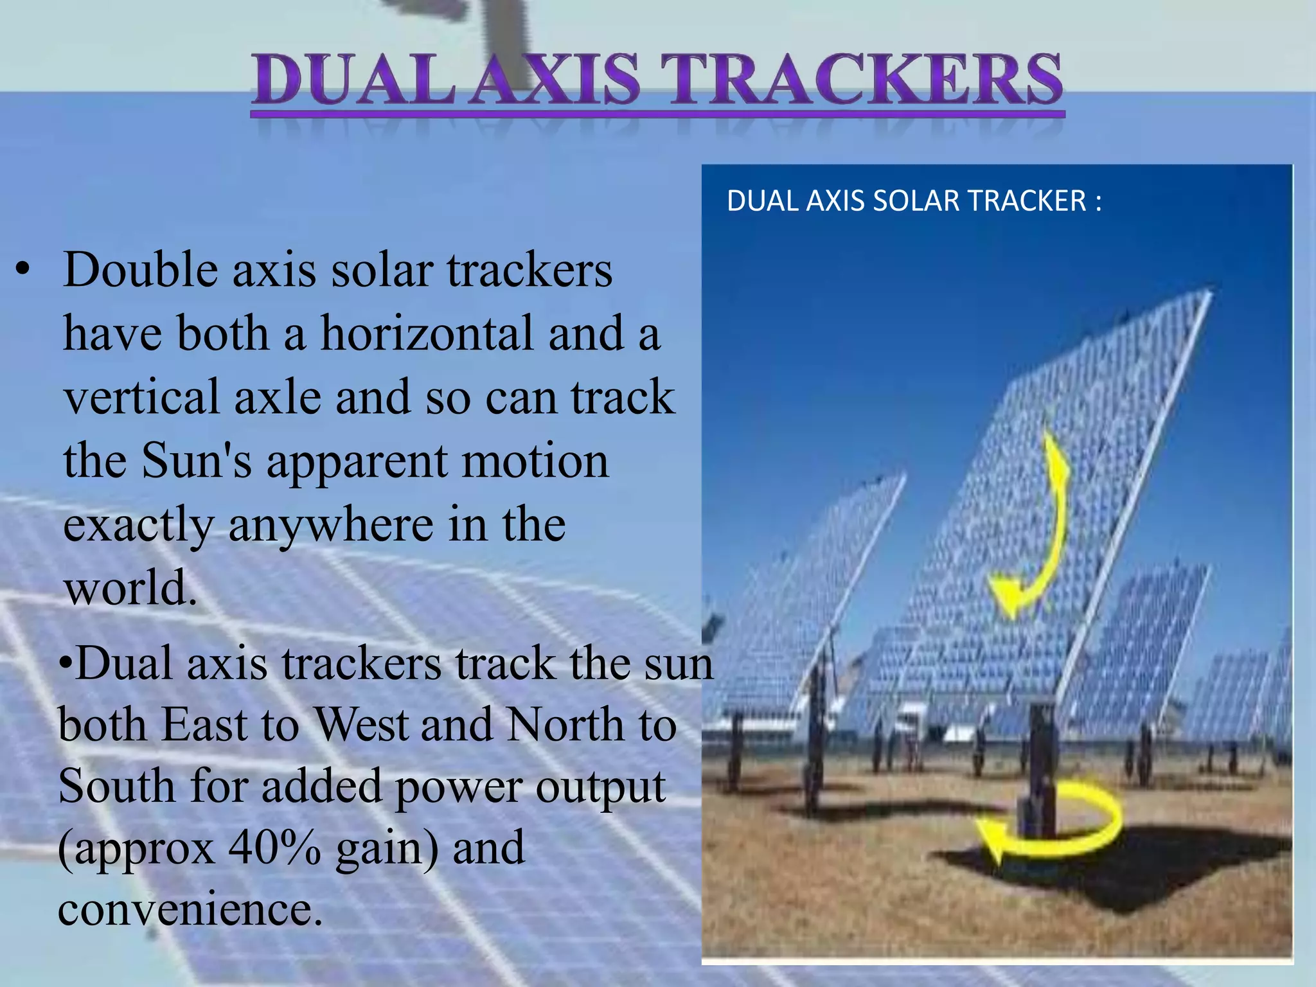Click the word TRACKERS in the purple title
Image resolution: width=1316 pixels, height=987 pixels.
(867, 80)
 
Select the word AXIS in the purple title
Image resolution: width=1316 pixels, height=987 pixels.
(556, 80)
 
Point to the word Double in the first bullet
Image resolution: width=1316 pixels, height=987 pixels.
(141, 270)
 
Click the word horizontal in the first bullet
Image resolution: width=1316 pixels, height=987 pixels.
(427, 334)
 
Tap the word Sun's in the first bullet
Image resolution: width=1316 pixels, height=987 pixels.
(197, 461)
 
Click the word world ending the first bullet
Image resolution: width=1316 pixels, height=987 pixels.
(129, 588)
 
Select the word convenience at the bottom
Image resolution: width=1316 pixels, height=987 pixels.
(189, 911)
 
